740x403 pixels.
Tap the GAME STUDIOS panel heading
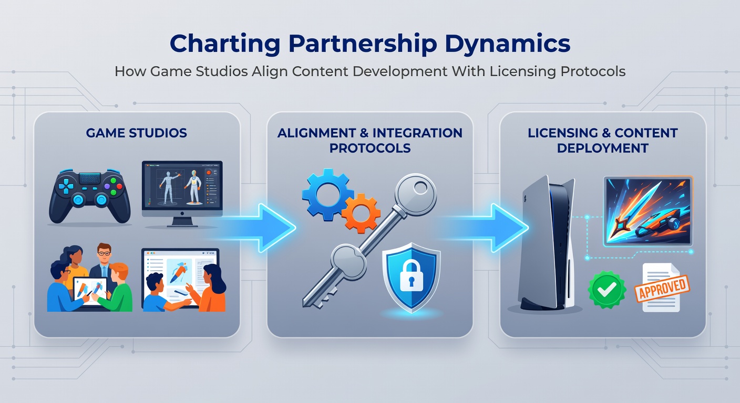137,133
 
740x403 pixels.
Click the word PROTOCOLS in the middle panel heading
370,148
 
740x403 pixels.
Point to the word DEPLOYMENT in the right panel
603,148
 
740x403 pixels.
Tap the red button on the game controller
119,186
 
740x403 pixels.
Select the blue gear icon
327,195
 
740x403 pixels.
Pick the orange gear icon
361,214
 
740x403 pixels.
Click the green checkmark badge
607,290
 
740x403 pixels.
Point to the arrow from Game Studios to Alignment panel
254,228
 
